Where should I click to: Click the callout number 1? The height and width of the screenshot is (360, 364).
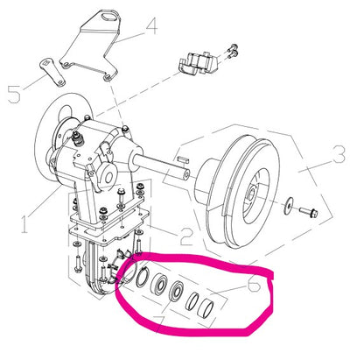tap(25, 223)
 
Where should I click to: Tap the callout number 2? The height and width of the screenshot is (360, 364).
tap(186, 236)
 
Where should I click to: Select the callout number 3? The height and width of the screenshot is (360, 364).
tap(339, 154)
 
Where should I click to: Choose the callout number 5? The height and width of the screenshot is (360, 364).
tap(14, 94)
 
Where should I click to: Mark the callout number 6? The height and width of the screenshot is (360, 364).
tap(254, 284)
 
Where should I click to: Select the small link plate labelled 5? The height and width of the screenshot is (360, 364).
tap(52, 72)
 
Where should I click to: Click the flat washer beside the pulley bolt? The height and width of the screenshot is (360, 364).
tap(289, 205)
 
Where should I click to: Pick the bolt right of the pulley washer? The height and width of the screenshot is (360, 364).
tap(309, 212)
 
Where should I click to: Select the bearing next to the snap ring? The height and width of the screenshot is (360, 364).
tap(159, 284)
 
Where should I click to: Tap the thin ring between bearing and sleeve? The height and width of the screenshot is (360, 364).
tap(192, 301)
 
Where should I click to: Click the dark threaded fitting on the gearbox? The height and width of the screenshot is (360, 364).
tap(78, 138)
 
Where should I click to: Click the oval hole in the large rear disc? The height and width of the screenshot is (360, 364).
tap(66, 113)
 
